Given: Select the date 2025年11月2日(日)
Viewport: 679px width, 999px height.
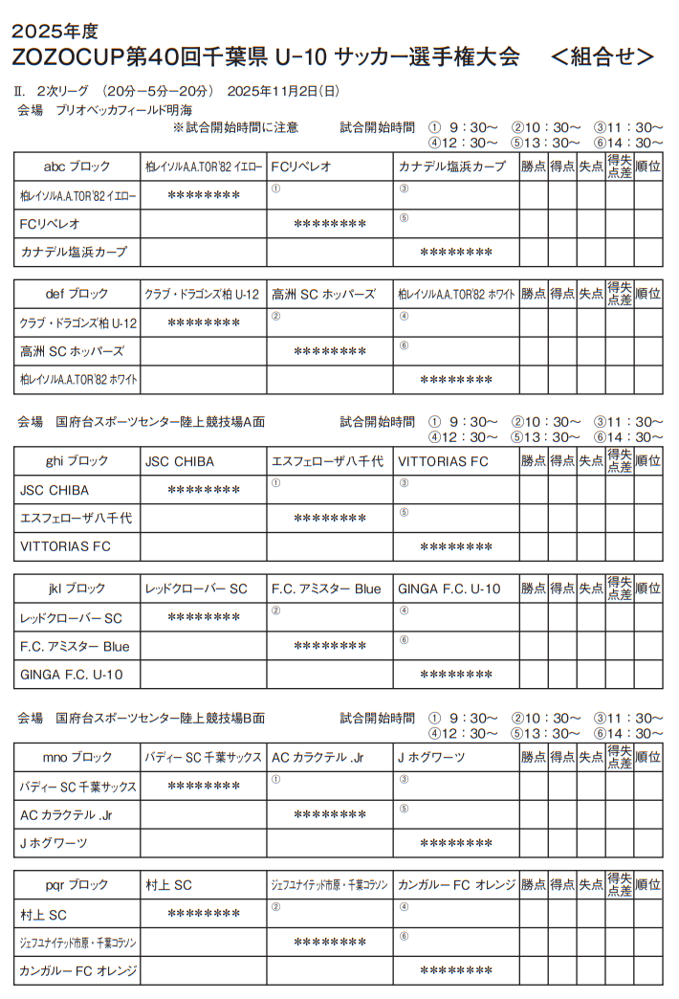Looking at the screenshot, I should pyautogui.click(x=283, y=92).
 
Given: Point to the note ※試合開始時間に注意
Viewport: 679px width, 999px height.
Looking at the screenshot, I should pyautogui.click(x=235, y=126).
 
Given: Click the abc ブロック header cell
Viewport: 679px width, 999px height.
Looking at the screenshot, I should pyautogui.click(x=77, y=166).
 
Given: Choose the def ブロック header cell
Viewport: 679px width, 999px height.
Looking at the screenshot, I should pyautogui.click(x=77, y=294).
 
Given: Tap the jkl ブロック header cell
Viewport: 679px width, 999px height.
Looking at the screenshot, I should pyautogui.click(x=77, y=588).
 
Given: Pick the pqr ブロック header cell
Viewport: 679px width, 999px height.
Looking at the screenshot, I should pyautogui.click(x=77, y=884).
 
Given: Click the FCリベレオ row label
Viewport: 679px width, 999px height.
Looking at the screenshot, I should pyautogui.click(x=51, y=224).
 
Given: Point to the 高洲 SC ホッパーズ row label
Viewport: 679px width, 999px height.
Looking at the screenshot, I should pyautogui.click(x=72, y=351).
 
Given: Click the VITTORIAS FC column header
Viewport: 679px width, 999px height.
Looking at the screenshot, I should pyautogui.click(x=443, y=461).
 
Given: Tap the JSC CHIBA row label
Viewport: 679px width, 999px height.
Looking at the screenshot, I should pyautogui.click(x=55, y=490).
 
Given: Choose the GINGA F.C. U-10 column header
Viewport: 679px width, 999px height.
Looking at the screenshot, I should pyautogui.click(x=449, y=588).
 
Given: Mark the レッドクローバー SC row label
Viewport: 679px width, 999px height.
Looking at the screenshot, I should pyautogui.click(x=72, y=618).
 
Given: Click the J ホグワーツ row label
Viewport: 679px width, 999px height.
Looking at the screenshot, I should pyautogui.click(x=54, y=843).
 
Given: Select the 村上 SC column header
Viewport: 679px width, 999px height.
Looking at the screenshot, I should pyautogui.click(x=168, y=884).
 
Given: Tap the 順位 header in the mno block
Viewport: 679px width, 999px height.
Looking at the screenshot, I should pyautogui.click(x=648, y=757).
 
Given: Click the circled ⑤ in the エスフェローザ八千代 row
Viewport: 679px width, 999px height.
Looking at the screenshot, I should pyautogui.click(x=404, y=512).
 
